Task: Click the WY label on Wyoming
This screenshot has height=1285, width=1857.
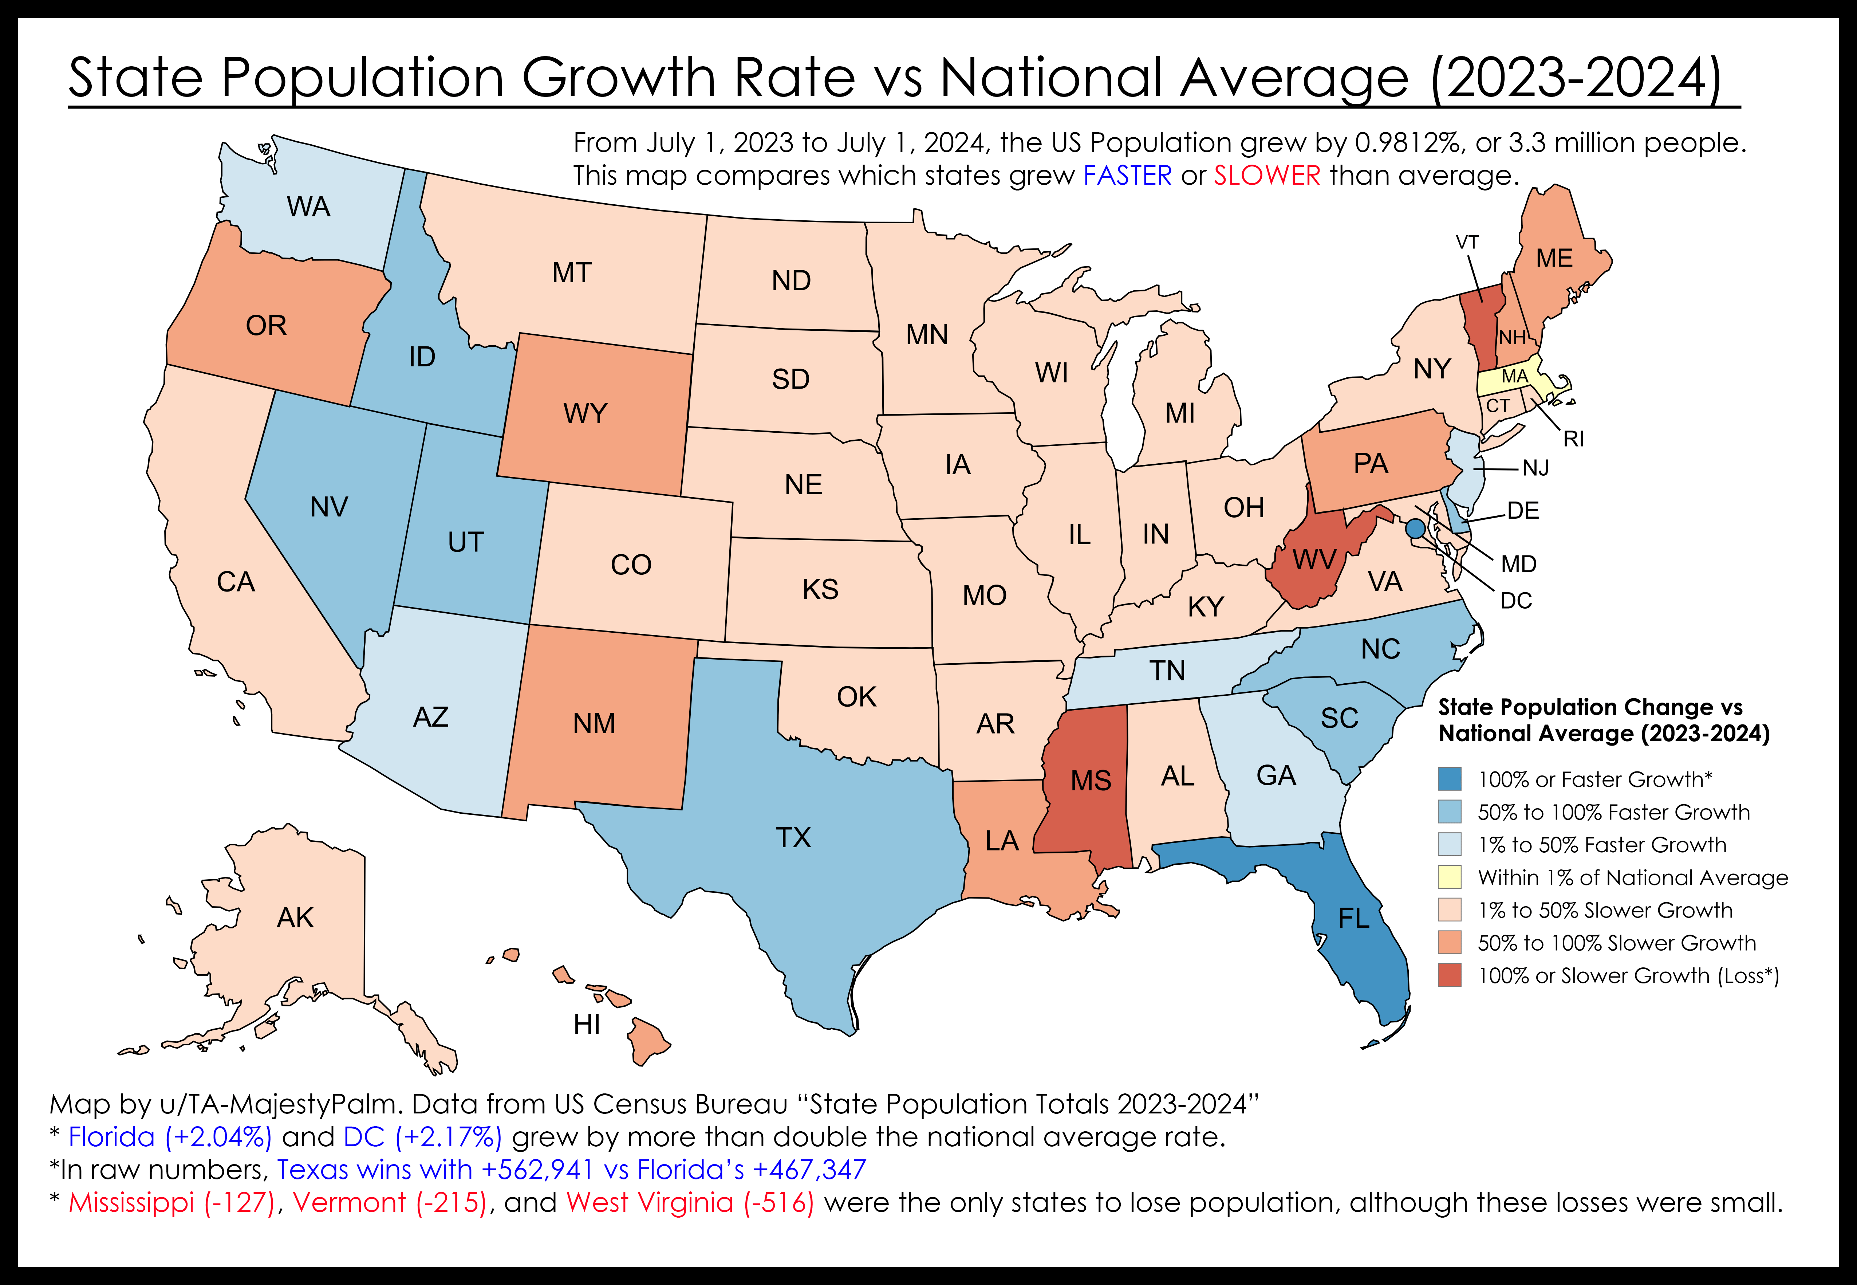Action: pos(585,414)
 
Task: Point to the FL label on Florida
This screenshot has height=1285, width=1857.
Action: pos(1354,919)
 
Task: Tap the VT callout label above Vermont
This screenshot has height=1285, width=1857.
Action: pos(1467,242)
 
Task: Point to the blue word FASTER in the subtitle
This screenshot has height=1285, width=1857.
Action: pos(1127,176)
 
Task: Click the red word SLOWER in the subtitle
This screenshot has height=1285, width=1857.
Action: pos(1267,176)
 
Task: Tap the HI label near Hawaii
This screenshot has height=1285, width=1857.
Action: pos(587,1025)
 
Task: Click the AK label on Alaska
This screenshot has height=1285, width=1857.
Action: pos(295,918)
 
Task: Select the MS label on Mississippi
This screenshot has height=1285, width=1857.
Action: pos(1091,781)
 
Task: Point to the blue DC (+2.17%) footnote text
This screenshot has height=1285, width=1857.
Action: pos(423,1137)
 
